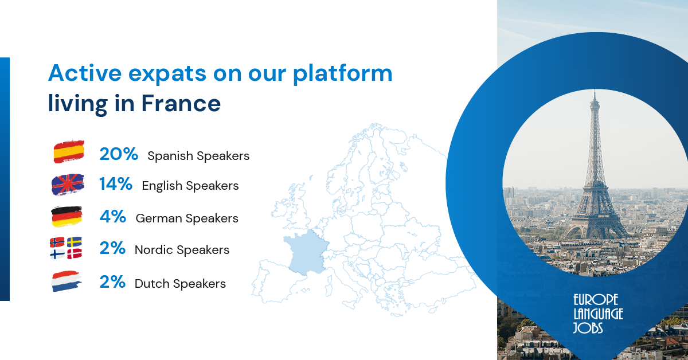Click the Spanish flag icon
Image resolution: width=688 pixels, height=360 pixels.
click(68, 152)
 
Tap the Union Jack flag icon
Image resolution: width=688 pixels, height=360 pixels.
click(68, 185)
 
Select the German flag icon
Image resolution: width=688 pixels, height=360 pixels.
click(67, 217)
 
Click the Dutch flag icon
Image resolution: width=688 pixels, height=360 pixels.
click(67, 282)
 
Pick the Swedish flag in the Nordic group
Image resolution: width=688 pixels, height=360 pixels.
click(75, 242)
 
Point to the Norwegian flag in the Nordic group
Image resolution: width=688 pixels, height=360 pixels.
click(58, 242)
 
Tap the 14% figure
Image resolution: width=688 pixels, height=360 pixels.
click(116, 185)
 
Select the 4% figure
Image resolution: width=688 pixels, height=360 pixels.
click(112, 217)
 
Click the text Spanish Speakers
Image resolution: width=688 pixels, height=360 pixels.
click(198, 155)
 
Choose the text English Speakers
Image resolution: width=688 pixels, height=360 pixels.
click(190, 186)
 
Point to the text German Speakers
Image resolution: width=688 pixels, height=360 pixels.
click(187, 218)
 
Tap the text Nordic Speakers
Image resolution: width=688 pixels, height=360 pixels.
click(182, 250)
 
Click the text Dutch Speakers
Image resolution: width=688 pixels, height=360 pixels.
click(180, 284)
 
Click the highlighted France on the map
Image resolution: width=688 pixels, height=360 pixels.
click(307, 251)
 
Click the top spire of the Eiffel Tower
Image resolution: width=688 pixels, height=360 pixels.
click(595, 97)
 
